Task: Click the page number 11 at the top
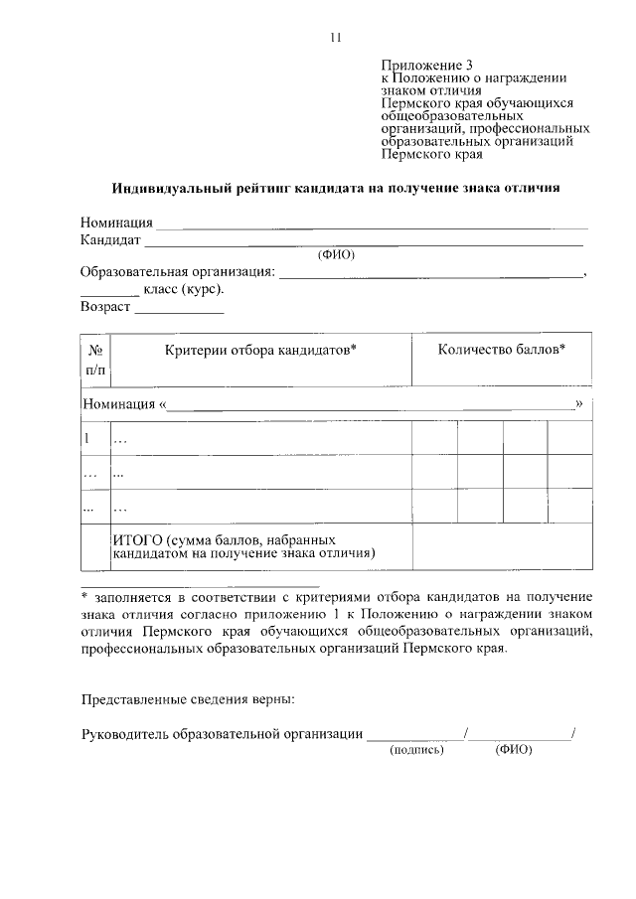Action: [335, 38]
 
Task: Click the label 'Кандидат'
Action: [110, 239]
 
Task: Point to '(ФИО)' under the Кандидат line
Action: [336, 254]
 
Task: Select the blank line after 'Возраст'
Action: [179, 311]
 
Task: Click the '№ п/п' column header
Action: [96, 360]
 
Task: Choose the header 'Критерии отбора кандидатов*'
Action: [261, 350]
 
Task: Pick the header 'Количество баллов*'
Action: [502, 350]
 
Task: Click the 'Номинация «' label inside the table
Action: [125, 404]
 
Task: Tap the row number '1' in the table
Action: [87, 438]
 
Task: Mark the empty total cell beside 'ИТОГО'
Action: [502, 545]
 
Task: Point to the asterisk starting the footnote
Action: [84, 596]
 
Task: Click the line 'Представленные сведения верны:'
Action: [187, 699]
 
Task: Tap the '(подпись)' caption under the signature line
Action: [416, 750]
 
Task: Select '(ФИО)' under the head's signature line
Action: [513, 750]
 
